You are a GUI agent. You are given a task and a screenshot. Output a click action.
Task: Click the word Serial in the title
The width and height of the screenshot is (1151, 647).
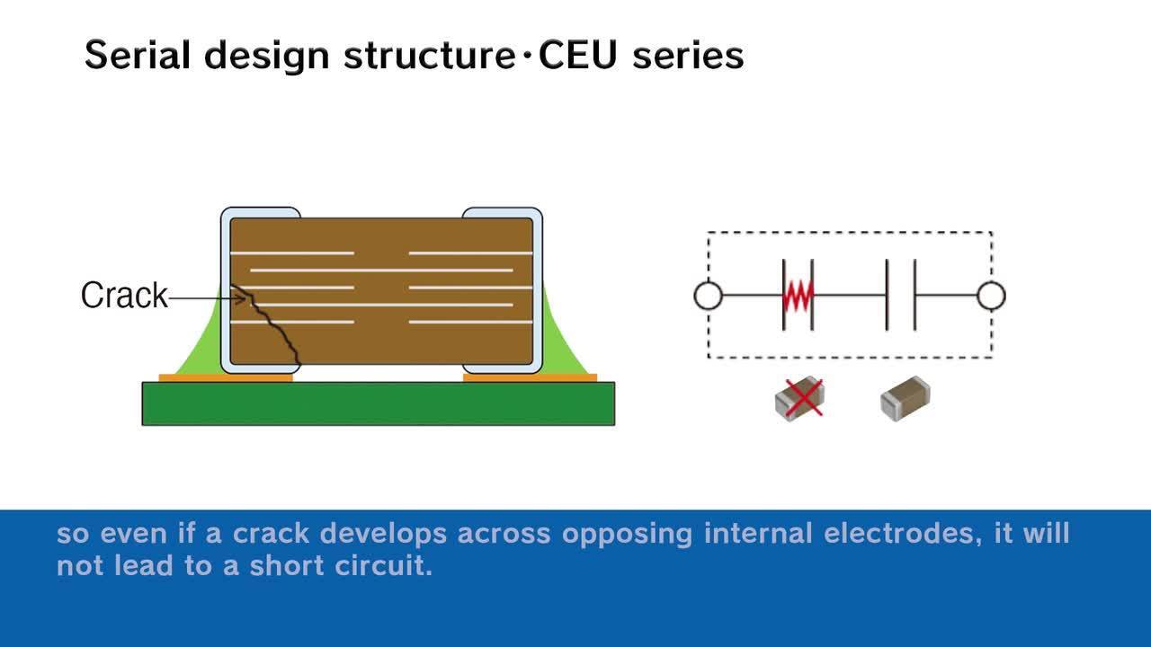[x=138, y=55]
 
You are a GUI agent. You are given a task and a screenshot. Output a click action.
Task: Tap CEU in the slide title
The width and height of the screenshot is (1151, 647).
[x=577, y=55]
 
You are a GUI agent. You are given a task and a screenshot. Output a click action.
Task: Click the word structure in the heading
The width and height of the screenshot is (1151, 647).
[x=430, y=55]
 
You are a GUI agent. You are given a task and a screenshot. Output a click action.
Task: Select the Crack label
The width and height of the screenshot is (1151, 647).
[x=124, y=296]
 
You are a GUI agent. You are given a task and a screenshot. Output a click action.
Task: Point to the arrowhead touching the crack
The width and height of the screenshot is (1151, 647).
[x=240, y=297]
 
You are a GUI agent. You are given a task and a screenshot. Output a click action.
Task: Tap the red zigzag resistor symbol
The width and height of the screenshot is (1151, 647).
[x=798, y=296]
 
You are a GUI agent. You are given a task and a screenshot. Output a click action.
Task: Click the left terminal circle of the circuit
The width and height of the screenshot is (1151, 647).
[x=708, y=296]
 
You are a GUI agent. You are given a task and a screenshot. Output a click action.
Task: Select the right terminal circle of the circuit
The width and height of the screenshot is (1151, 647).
[x=991, y=296]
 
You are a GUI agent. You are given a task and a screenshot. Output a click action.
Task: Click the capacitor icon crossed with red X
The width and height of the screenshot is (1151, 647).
[x=800, y=399]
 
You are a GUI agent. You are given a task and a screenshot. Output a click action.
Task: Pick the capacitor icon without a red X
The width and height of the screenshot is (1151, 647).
[x=906, y=398]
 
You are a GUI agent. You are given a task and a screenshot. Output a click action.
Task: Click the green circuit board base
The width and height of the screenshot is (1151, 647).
[x=379, y=403]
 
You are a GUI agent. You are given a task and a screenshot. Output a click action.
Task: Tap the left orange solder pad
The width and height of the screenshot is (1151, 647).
[x=226, y=378]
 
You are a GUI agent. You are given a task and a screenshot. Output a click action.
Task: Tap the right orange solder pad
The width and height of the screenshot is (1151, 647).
[x=531, y=378]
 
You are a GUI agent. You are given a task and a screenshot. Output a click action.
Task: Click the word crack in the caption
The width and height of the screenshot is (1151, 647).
[x=271, y=533]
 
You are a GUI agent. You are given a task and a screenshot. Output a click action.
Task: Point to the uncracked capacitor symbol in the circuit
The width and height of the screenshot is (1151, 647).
[x=901, y=296]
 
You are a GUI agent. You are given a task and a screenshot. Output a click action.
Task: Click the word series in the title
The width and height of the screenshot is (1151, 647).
[x=689, y=56]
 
